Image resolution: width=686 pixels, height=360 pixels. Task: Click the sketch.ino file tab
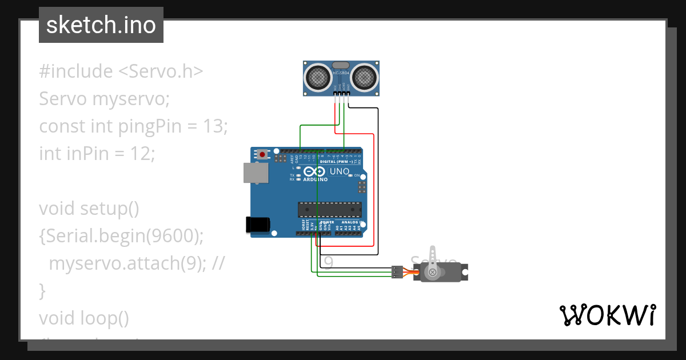[101, 25]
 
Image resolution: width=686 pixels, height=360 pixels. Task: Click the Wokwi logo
[607, 315]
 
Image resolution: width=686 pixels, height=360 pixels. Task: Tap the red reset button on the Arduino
[262, 154]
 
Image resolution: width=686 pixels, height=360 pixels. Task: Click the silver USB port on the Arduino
[255, 173]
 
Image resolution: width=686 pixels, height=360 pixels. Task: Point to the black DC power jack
[257, 225]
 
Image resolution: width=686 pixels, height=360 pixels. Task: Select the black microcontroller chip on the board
[329, 209]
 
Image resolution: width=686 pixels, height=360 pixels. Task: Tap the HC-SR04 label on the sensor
[341, 73]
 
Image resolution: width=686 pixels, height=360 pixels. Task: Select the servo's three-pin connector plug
[397, 272]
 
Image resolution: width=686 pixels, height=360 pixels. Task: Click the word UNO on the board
[340, 171]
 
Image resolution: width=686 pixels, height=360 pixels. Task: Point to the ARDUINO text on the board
[315, 179]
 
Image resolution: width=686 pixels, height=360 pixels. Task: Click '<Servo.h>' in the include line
[161, 71]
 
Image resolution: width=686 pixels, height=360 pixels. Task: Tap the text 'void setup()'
[89, 209]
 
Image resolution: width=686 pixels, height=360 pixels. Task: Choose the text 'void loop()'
[84, 318]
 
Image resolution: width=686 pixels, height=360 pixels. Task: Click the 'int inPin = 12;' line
[97, 153]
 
